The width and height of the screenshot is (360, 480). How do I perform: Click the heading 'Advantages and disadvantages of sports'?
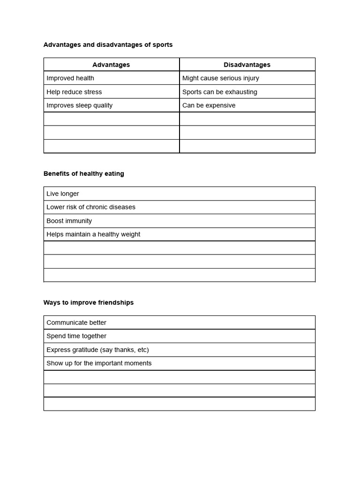tap(108, 45)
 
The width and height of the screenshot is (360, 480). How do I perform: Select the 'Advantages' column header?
tap(111, 65)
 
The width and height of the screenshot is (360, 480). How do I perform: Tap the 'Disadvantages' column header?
tap(247, 65)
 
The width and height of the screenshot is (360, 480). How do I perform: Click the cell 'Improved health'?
tap(70, 78)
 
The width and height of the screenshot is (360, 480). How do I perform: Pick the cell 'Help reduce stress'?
tap(74, 92)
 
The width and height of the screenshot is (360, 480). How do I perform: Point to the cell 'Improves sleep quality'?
tap(79, 105)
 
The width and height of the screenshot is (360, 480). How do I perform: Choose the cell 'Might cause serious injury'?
tap(220, 78)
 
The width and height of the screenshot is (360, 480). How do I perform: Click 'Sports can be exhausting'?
tap(219, 92)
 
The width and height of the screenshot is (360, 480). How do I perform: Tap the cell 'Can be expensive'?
tap(209, 105)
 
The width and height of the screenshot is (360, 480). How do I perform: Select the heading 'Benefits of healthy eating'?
tap(84, 174)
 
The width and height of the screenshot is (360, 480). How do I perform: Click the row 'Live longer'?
tap(63, 194)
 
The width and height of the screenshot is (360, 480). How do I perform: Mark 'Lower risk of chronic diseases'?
tap(91, 207)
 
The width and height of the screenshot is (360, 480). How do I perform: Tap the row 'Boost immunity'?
tap(69, 221)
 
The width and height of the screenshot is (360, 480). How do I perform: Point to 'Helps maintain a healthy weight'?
tap(93, 234)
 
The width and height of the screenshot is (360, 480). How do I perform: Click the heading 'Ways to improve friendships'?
tap(89, 303)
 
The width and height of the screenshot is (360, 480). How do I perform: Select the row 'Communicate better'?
tap(76, 322)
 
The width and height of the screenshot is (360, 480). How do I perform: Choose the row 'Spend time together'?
tap(76, 336)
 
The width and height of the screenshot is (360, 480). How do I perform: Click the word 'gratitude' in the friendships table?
tap(83, 350)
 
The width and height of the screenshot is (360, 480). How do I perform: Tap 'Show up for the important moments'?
tap(99, 363)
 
